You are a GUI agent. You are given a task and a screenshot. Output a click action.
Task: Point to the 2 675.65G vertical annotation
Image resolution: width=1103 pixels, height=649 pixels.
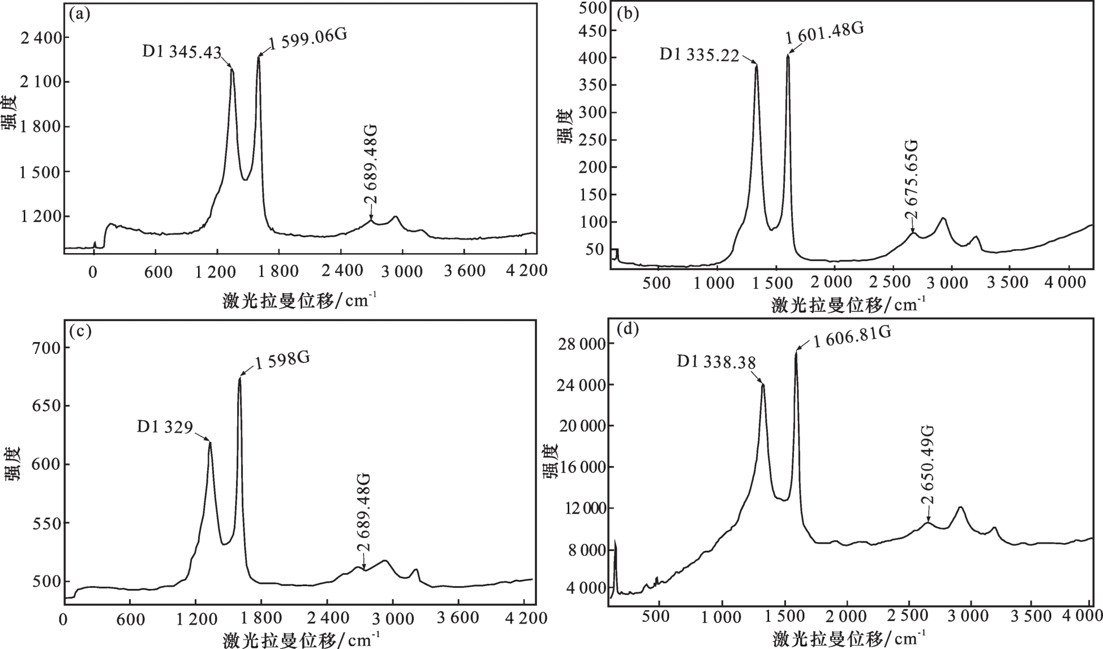coord(911,180)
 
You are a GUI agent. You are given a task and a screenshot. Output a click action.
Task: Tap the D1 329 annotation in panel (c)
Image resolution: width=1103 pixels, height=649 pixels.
coord(165,426)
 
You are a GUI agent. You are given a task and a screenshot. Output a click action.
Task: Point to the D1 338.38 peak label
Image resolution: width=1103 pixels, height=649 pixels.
coord(716,362)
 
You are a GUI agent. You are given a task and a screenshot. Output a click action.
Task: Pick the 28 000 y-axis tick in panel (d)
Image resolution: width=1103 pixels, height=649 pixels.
coord(573,344)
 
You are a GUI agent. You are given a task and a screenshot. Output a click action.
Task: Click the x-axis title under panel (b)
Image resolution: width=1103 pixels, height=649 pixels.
coord(848,306)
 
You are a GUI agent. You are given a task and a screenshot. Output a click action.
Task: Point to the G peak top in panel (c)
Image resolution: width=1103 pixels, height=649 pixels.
coord(239,378)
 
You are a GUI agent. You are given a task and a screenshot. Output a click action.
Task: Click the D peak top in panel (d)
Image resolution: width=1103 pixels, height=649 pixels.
coord(763,385)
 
